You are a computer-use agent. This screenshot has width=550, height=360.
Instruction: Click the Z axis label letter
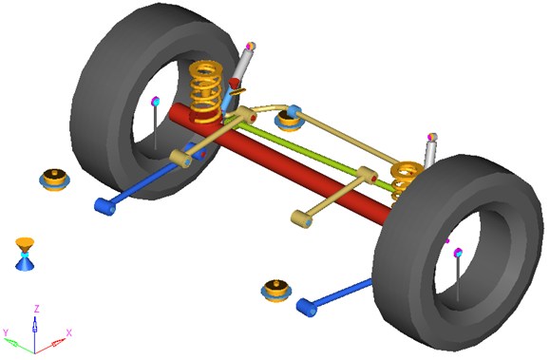(36, 309)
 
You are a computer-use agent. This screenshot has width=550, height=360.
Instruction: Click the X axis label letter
(68, 333)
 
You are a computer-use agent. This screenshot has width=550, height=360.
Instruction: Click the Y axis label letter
(6, 332)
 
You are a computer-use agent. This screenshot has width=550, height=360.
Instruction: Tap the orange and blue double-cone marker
(25, 254)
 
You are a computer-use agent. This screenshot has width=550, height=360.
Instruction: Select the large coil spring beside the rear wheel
(205, 92)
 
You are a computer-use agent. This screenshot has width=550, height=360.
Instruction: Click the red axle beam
(280, 164)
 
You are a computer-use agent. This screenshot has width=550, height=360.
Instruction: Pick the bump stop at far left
(54, 180)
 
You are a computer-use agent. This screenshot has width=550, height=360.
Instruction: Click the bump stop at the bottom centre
(276, 291)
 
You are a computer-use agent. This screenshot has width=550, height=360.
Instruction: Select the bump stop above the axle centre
(289, 121)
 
